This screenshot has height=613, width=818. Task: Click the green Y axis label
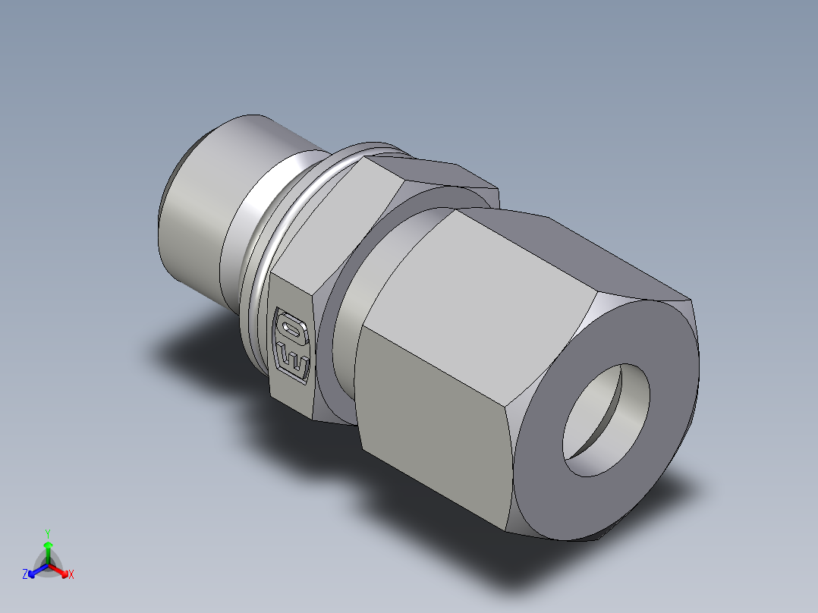(x=48, y=533)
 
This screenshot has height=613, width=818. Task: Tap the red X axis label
(x=71, y=575)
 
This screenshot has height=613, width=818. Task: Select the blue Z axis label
(x=25, y=575)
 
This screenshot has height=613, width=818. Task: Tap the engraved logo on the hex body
(x=291, y=345)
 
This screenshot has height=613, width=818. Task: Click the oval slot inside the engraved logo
(x=290, y=329)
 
